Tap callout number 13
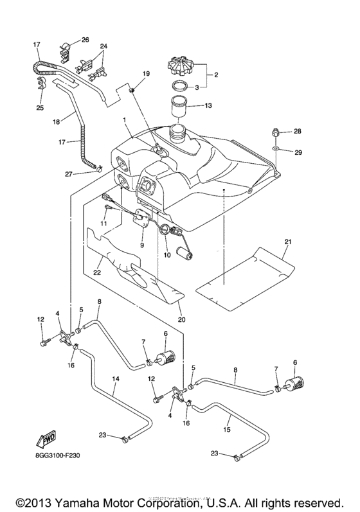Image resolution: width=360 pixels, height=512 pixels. coord(207,105)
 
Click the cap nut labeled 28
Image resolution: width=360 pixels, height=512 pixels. coord(273,133)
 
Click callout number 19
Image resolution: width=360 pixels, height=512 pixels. coord(146,75)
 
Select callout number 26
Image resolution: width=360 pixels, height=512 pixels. coord(85,40)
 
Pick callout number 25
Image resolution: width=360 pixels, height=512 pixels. coord(40,107)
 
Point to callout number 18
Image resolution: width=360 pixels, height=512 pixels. coord(56,121)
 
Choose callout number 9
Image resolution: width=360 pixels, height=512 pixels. coord(142,245)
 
